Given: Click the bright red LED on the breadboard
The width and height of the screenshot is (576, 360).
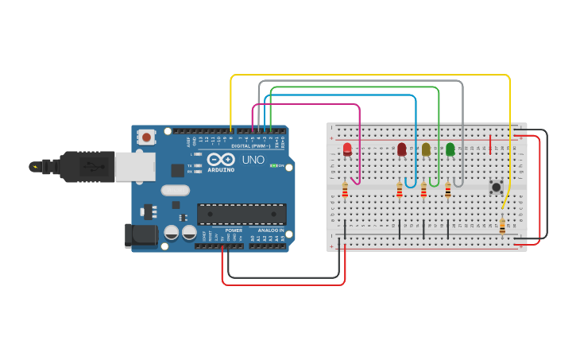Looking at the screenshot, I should [347, 149].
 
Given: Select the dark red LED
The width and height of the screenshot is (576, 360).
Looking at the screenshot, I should [401, 149].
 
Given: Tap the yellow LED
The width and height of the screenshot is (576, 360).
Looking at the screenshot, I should [426, 149].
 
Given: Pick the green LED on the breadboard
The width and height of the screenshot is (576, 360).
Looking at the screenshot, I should [450, 149].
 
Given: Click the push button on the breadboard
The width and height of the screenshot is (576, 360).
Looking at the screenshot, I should [497, 188].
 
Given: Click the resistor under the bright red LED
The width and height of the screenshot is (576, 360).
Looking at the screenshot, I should [345, 190].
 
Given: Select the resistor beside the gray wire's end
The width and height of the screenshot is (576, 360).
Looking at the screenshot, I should [448, 189].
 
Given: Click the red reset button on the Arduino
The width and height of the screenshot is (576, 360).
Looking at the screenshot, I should [146, 137].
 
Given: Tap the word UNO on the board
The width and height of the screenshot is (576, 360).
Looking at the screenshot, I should [253, 160].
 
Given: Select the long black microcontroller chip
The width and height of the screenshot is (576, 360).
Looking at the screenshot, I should [242, 214].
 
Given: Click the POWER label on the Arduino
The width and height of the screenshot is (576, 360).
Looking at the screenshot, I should [233, 230].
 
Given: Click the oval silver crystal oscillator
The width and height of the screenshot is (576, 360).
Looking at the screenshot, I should [175, 190].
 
